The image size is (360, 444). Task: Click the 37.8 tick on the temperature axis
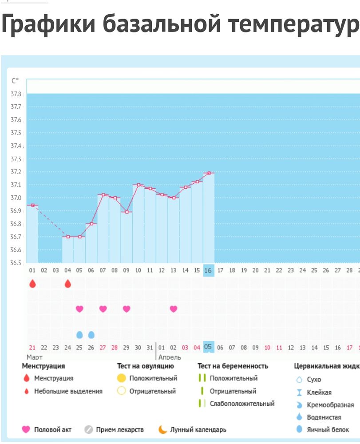click(16, 94)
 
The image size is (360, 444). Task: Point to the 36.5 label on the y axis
click(16, 263)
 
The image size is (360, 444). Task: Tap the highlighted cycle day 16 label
click(208, 270)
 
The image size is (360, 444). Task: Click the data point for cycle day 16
click(209, 173)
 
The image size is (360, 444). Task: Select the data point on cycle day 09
click(127, 212)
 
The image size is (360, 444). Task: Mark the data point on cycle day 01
click(32, 205)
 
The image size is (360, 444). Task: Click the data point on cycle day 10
click(138, 185)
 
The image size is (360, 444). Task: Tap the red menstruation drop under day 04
click(67, 284)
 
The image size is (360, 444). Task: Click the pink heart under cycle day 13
click(174, 309)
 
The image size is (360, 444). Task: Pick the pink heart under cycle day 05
click(79, 309)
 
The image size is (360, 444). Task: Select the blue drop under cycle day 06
click(91, 334)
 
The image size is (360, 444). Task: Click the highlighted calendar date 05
click(208, 347)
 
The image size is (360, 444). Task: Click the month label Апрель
click(170, 357)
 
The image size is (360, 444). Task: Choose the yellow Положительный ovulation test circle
click(122, 379)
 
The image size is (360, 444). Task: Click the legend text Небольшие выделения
click(68, 391)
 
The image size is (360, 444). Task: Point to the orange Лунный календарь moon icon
click(163, 430)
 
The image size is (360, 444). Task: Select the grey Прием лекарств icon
click(89, 430)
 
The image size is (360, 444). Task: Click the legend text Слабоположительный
click(242, 404)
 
